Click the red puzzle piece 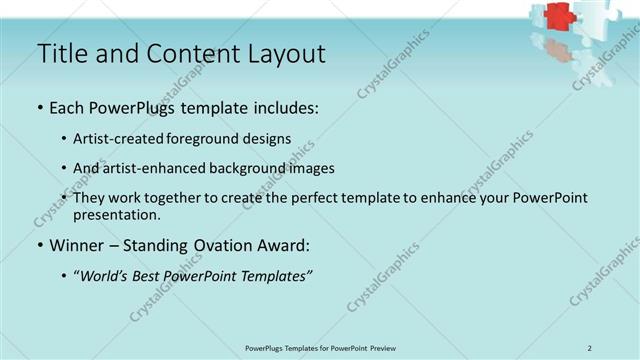[557, 16]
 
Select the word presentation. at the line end [116, 214]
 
